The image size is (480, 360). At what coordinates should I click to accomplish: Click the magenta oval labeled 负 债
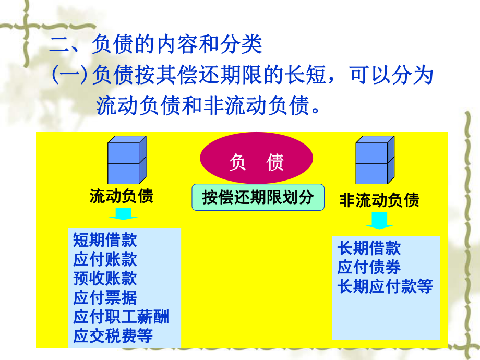[x=257, y=162]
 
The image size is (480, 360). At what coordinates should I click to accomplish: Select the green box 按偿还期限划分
[x=258, y=197]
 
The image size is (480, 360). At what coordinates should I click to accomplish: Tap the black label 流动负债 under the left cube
[x=121, y=197]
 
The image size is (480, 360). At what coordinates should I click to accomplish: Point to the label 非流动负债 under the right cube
[x=379, y=200]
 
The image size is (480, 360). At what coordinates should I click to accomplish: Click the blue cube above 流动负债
[x=126, y=159]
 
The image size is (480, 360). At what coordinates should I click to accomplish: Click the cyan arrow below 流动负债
[x=124, y=214]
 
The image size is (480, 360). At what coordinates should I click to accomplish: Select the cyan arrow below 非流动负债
[x=379, y=219]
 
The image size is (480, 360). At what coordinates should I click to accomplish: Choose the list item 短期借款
[x=105, y=240]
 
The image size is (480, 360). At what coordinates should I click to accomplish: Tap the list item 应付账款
[x=105, y=259]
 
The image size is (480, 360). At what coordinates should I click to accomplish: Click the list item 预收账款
[x=105, y=279]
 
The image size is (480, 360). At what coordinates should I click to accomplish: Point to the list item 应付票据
[x=105, y=297]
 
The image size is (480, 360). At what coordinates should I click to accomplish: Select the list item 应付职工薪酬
[x=121, y=317]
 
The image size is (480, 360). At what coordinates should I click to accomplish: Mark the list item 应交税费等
[x=113, y=336]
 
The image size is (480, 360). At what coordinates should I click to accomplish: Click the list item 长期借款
[x=369, y=248]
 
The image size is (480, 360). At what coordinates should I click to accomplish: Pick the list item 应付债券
[x=369, y=267]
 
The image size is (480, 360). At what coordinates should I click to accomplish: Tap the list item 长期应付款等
[x=385, y=286]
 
